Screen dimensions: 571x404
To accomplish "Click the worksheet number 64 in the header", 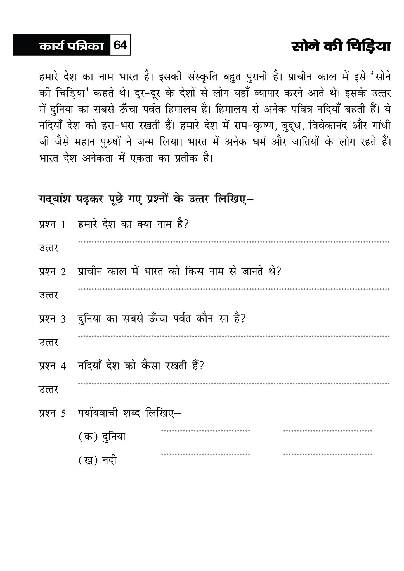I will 121,45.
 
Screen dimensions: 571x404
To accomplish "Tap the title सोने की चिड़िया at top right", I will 341,46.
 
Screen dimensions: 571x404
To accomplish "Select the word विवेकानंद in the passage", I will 329,126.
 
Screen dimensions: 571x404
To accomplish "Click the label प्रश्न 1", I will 52,224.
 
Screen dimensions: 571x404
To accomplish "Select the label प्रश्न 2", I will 52,272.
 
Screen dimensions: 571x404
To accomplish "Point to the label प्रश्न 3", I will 52,319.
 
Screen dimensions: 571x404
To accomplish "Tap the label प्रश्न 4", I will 52,366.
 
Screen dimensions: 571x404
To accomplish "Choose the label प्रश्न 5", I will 52,413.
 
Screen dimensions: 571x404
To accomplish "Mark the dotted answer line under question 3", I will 233,336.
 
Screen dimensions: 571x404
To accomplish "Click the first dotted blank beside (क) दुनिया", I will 205,431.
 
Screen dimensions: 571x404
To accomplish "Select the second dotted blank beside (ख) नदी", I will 327,454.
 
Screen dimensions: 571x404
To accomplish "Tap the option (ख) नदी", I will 97,460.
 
